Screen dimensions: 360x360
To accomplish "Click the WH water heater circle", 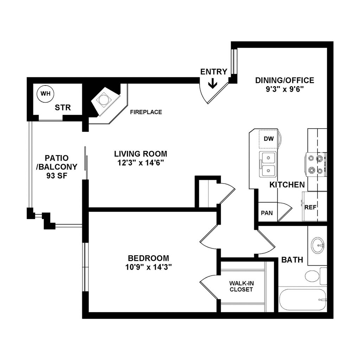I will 45,94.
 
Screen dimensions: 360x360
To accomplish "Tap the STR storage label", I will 63,108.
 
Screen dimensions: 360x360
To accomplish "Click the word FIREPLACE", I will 146,112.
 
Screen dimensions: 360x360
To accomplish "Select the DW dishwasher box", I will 268,139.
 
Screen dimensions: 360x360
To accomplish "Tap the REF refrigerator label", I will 310,207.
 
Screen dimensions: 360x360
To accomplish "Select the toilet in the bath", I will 312,275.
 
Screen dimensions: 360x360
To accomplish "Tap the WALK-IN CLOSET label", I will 241,286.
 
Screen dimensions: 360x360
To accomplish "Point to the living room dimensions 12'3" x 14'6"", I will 140,163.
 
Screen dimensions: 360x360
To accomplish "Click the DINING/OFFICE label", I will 284,81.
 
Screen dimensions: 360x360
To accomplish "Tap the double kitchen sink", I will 268,165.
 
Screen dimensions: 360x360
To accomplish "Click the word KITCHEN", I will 287,185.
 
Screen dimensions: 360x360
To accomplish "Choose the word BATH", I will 292,260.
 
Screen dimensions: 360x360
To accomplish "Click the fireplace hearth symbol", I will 103,100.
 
